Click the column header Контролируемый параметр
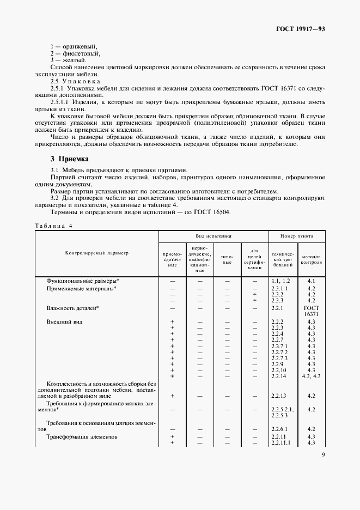pyautogui.click(x=96, y=253)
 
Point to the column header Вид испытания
pyautogui.click(x=213, y=236)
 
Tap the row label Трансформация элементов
pyautogui.click(x=82, y=437)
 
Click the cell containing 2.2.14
pyautogui.click(x=278, y=376)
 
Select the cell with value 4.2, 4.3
pyautogui.click(x=311, y=376)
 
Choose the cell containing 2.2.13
pyautogui.click(x=278, y=396)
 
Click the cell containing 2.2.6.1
pyautogui.click(x=279, y=429)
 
